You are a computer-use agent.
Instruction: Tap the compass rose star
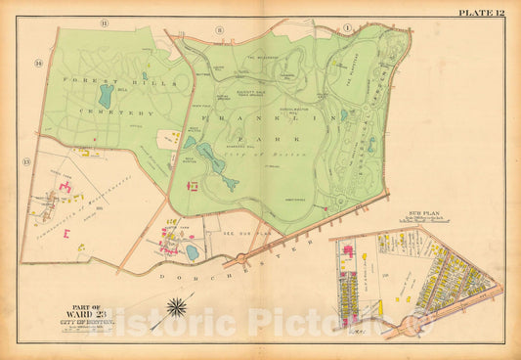(x=178, y=308)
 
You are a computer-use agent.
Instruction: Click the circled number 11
(x=105, y=22)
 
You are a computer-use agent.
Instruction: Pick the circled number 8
(x=220, y=30)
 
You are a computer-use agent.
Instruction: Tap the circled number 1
(x=346, y=26)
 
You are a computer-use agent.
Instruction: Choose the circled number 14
(x=39, y=64)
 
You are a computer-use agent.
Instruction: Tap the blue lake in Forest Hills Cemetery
(x=105, y=96)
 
